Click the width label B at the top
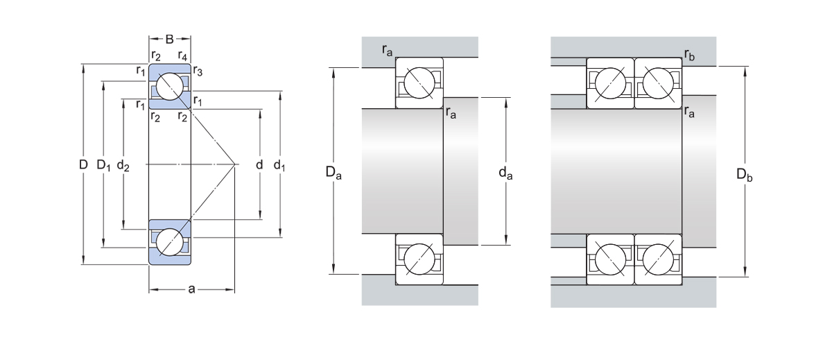click(170, 39)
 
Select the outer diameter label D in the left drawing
click(83, 165)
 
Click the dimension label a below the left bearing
click(192, 289)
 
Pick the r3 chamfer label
click(198, 71)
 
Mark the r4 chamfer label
click(182, 55)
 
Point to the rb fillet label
click(688, 54)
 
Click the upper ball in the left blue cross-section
click(170, 87)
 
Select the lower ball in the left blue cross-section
click(170, 243)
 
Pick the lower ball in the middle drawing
click(419, 258)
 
